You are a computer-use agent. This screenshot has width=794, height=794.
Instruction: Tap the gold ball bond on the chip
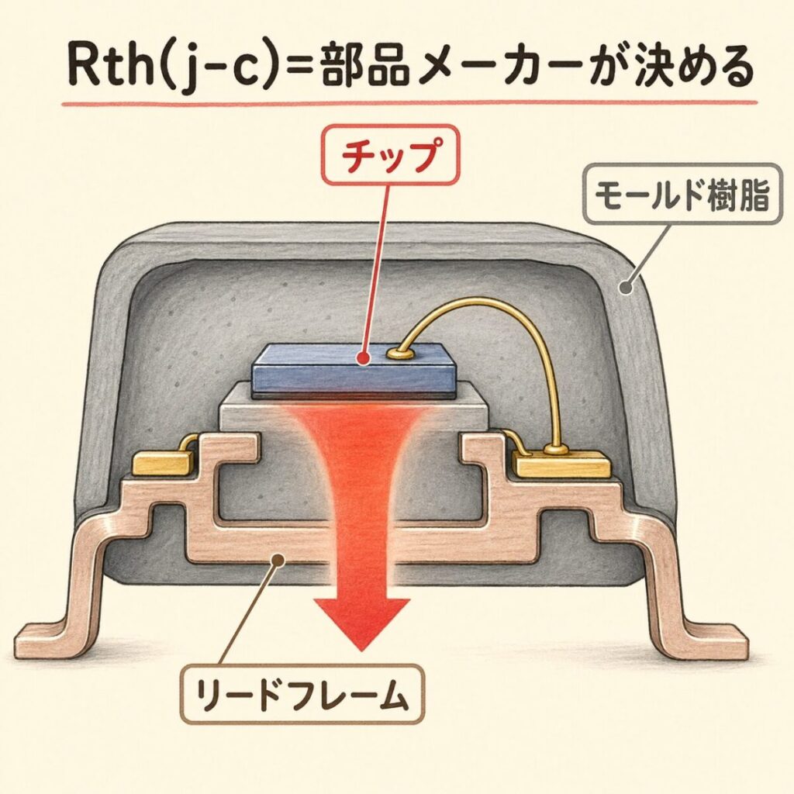(x=402, y=354)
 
